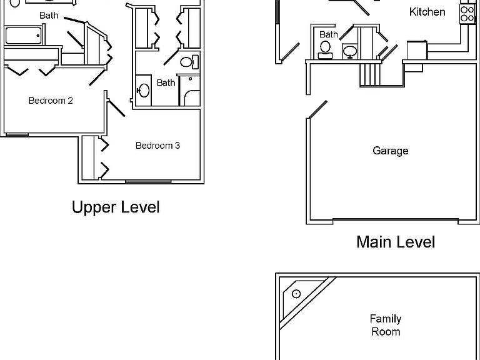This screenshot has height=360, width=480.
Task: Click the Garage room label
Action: point(390,151)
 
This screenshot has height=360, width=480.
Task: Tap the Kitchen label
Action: point(427,12)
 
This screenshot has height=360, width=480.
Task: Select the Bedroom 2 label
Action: point(51,101)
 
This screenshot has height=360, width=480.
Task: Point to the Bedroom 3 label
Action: point(157,146)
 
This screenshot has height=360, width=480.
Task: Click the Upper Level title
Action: point(116,207)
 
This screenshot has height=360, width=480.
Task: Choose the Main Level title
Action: point(396,242)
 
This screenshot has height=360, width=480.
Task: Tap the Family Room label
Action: point(386,325)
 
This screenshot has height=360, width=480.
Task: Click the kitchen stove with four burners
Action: point(467,14)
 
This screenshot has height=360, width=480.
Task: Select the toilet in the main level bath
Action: point(325,50)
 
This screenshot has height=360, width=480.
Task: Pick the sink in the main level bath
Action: point(350,51)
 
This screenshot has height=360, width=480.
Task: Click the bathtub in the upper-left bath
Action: point(23,36)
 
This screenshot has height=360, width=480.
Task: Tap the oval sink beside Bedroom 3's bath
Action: point(143,90)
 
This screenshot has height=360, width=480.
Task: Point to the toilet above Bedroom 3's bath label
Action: point(189,62)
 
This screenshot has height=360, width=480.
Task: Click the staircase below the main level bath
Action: point(370,75)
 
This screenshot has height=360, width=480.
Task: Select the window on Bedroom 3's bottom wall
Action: point(148,182)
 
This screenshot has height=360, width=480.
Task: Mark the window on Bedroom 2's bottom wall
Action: point(17,135)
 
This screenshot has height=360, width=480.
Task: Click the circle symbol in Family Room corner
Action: point(296,294)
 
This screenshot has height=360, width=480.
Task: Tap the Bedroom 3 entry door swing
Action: point(116,107)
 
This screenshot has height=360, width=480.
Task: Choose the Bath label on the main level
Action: point(329,34)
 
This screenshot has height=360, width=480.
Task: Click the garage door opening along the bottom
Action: point(396,219)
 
